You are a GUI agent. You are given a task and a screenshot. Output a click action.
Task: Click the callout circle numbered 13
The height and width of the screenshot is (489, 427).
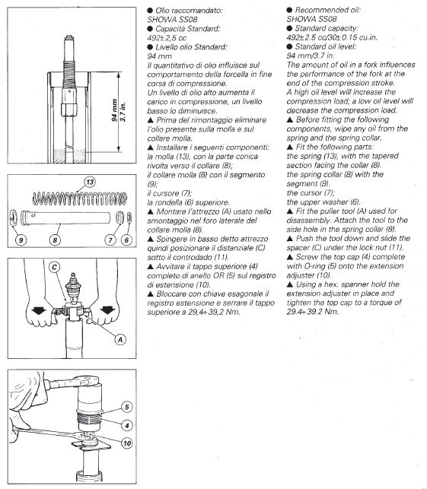click(x=90, y=182)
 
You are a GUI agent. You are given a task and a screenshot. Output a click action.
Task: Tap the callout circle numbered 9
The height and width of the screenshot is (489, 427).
click(x=21, y=240)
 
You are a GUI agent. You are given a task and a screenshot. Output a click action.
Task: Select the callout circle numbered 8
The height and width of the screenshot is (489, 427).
click(x=55, y=240)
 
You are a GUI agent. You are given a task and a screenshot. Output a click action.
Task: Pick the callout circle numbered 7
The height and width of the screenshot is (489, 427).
click(x=110, y=240)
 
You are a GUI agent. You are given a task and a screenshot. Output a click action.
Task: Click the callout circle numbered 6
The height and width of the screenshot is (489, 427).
click(x=126, y=240)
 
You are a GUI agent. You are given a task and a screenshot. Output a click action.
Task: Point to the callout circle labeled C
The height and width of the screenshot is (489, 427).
click(x=55, y=267)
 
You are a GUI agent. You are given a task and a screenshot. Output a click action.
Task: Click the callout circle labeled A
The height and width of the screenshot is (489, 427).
click(x=120, y=339)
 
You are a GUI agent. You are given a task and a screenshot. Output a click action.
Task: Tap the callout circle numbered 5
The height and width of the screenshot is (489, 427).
click(x=126, y=407)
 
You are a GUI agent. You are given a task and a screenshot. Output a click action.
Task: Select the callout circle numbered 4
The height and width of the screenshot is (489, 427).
click(x=126, y=425)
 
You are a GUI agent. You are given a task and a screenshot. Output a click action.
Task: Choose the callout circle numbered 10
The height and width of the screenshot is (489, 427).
click(x=126, y=443)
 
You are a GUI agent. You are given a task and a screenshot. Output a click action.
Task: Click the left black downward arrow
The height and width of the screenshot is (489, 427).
click(x=39, y=310)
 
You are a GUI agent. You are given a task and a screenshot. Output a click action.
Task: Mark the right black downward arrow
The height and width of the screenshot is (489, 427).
click(x=107, y=310)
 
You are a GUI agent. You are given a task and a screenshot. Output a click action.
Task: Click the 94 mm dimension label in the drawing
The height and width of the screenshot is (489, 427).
click(x=115, y=110)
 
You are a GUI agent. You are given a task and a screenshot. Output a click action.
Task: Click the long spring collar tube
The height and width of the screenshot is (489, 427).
click(x=65, y=218)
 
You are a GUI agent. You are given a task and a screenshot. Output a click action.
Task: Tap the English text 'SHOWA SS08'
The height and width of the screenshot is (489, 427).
click(x=311, y=19)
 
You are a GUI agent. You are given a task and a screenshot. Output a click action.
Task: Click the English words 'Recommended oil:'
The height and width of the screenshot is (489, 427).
click(x=327, y=10)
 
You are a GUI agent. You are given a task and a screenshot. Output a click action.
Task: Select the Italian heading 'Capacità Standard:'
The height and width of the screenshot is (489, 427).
click(x=187, y=29)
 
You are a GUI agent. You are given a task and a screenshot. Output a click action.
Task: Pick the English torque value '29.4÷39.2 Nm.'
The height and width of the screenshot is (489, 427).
click(x=312, y=311)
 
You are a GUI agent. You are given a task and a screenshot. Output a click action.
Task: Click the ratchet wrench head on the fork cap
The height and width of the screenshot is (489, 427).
click(x=88, y=380)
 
